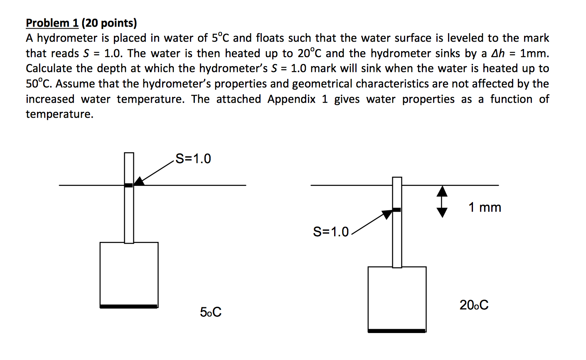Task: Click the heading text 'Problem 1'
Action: tap(52, 23)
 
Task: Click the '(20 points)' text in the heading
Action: tap(109, 23)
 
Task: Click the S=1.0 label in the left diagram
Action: tap(193, 159)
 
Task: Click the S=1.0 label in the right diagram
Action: tap(331, 232)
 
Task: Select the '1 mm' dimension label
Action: tap(485, 207)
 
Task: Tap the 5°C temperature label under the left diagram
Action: tap(211, 312)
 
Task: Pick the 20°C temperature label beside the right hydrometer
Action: tap(474, 306)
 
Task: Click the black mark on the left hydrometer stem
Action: tap(129, 185)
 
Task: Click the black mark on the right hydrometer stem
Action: tap(397, 210)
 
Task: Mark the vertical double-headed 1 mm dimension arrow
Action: tap(442, 202)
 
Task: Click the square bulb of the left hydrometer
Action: tap(129, 274)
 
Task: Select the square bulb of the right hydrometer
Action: tap(397, 298)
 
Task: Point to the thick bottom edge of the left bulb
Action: tap(129, 307)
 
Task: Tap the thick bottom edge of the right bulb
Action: tap(397, 331)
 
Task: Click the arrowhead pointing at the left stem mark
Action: tap(139, 181)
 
